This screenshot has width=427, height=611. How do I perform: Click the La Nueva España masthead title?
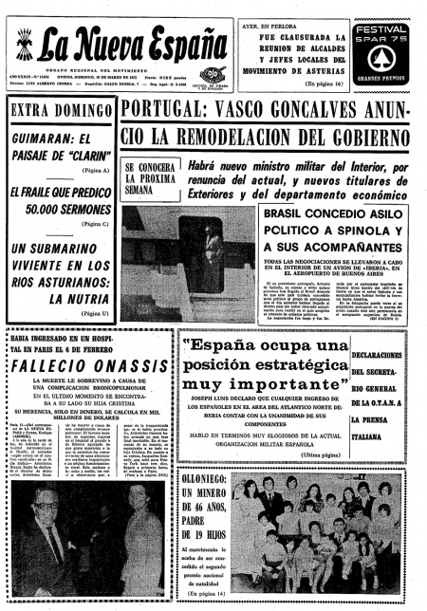[x=114, y=43]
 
